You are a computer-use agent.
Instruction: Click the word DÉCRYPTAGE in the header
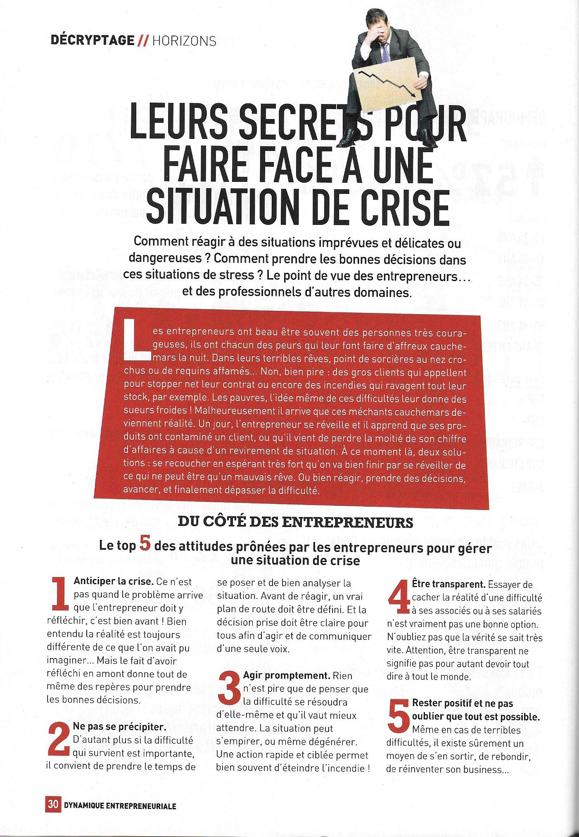click(x=93, y=41)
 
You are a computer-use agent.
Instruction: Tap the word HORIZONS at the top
click(x=184, y=41)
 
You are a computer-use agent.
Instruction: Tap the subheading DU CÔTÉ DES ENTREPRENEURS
click(x=295, y=522)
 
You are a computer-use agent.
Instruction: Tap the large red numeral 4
click(x=399, y=596)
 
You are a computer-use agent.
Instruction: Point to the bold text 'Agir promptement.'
click(x=281, y=676)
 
